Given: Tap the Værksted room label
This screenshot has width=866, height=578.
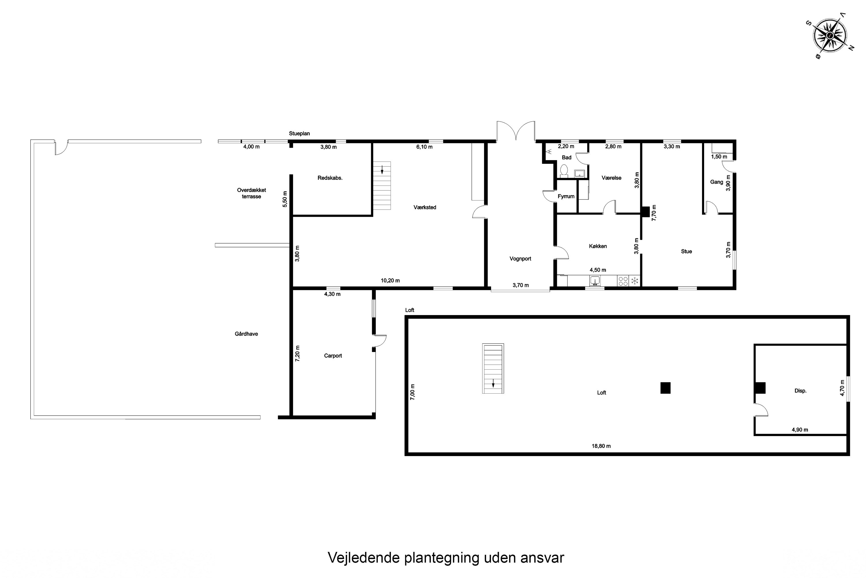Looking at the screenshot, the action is click(425, 208).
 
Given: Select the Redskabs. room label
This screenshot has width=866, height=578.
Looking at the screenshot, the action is click(330, 178).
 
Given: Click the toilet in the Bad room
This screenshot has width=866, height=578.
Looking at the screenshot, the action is click(564, 171).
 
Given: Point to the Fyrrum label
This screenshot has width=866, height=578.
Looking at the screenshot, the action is click(566, 197).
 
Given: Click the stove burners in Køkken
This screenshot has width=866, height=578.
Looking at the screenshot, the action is click(623, 281).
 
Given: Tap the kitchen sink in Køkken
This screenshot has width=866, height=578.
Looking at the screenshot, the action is click(595, 281).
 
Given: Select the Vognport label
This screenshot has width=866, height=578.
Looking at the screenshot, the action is click(520, 259).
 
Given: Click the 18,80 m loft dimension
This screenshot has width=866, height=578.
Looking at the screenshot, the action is click(601, 446).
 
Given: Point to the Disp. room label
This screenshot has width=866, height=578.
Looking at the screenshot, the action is click(800, 391).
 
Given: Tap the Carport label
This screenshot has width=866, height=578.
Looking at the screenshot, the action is click(333, 356).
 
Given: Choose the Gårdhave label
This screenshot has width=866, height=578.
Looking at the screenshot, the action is click(246, 334).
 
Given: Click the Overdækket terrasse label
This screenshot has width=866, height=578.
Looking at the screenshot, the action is click(251, 193).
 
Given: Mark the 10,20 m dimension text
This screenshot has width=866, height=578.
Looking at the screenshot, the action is click(390, 281).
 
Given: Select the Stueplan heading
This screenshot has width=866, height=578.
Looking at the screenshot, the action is click(299, 134).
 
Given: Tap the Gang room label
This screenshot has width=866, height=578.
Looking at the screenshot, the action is click(716, 182).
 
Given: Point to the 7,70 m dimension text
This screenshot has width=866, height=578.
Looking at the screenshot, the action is click(654, 213).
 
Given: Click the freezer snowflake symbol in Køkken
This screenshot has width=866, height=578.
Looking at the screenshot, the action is click(635, 281).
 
